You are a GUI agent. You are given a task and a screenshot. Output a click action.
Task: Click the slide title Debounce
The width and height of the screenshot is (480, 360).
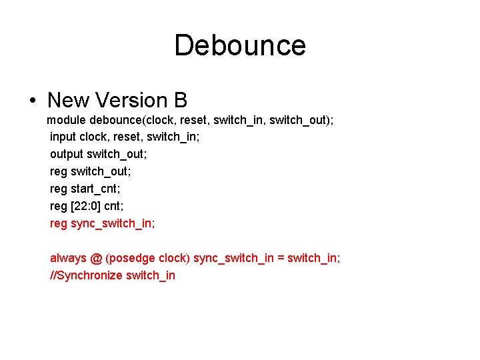pos(240,45)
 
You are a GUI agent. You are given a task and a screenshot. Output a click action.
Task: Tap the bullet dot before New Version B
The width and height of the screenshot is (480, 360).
pos(33,101)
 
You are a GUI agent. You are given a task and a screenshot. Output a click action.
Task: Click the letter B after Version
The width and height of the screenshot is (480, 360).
pos(180,101)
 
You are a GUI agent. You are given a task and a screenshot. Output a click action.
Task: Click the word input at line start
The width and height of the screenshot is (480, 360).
pos(63,137)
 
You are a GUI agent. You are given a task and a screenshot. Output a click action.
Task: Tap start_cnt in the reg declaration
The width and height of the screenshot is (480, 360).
pos(95,189)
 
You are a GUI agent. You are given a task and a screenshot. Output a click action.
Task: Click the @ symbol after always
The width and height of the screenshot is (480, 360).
pos(95,258)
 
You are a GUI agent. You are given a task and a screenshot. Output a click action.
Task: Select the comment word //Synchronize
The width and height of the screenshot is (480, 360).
pos(86,275)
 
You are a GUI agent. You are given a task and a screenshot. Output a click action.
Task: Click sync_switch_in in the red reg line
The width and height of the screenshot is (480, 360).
pos(113,223)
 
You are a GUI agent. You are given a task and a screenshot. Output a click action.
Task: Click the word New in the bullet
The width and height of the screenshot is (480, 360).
pos(69,101)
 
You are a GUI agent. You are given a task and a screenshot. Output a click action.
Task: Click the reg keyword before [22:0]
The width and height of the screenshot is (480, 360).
pos(58,206)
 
